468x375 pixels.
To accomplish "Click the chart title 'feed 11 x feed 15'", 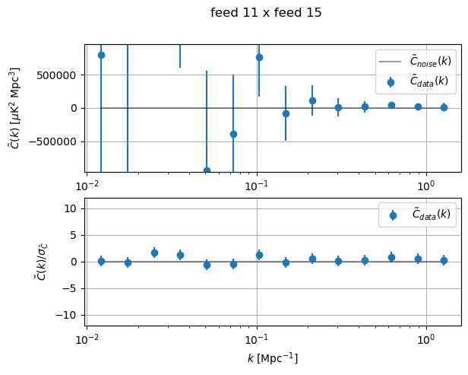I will point(266,13).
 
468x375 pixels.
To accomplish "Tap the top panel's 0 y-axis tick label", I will point(74,108).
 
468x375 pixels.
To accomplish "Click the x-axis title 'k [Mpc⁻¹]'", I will point(272,358).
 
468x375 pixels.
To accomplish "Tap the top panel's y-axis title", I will point(14,108).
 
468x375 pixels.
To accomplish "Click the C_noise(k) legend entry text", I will point(429,61).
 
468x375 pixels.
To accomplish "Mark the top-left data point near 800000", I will point(101,55).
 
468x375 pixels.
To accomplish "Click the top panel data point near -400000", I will point(233,134).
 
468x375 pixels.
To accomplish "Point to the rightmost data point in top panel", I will point(444,107).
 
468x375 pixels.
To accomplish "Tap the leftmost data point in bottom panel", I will point(101,261).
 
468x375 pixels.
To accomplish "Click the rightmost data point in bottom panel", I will point(444,260).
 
